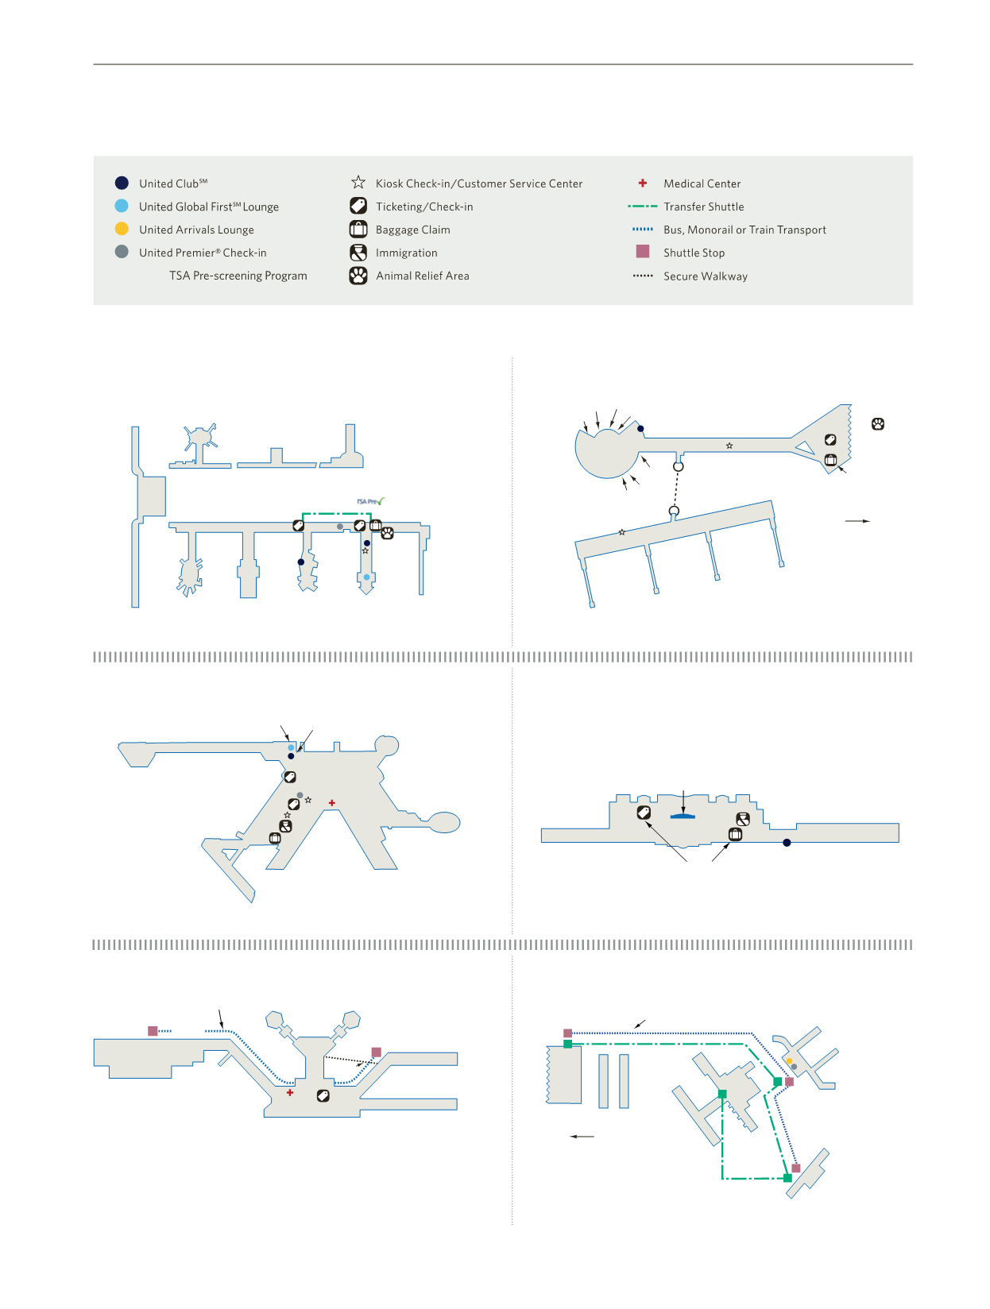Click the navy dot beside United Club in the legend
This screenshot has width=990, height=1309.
click(122, 183)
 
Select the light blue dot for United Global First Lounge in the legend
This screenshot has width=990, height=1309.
click(122, 206)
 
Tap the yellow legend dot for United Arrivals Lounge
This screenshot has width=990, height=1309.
click(122, 229)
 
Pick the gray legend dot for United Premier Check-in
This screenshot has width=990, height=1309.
click(122, 252)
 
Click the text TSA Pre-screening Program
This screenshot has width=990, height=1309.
click(238, 276)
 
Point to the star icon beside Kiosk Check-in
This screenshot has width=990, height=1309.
click(358, 183)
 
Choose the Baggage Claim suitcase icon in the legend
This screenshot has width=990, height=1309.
click(358, 230)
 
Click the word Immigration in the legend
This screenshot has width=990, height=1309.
click(406, 253)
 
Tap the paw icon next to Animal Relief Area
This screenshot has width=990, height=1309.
click(358, 276)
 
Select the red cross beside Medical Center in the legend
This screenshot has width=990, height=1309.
click(643, 183)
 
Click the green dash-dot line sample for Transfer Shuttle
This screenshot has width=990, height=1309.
click(642, 207)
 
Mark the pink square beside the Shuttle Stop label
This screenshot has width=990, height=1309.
click(643, 251)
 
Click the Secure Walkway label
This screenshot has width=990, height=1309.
click(705, 276)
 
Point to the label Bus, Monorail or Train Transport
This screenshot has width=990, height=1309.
click(744, 230)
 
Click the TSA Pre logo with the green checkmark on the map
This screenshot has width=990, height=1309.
click(370, 501)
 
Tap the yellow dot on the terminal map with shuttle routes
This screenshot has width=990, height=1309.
click(789, 1060)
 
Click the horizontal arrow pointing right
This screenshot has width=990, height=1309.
click(857, 521)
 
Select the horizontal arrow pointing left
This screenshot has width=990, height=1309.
click(582, 1137)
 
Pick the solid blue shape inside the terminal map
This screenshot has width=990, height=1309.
click(683, 816)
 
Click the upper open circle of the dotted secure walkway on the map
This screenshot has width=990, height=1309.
click(678, 466)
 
